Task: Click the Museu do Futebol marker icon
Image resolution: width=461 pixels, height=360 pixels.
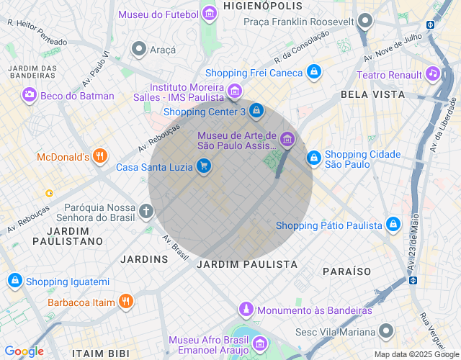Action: click(210, 14)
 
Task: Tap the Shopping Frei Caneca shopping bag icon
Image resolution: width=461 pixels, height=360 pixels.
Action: click(313, 72)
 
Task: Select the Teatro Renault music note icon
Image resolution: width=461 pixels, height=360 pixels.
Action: click(432, 74)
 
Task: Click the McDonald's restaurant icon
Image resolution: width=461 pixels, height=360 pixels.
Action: click(100, 156)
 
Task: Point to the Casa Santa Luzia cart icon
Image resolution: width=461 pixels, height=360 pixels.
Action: click(205, 167)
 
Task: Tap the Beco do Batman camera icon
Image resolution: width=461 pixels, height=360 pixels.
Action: click(29, 95)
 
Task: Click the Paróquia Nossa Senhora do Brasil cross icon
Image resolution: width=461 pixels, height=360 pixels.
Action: click(146, 211)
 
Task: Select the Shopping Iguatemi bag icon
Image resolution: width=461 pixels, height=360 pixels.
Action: click(14, 281)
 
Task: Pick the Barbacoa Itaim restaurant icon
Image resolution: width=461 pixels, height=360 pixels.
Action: click(126, 302)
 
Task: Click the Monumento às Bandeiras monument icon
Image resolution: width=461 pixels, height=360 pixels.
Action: click(246, 310)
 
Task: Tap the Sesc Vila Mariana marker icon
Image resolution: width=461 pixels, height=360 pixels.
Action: click(387, 331)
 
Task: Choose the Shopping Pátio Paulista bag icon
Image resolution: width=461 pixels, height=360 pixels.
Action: click(393, 225)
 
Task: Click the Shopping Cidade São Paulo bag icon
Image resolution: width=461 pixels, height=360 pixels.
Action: click(313, 158)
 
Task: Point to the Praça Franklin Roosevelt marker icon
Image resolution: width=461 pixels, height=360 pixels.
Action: click(365, 21)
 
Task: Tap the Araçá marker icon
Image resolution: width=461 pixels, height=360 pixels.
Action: click(138, 48)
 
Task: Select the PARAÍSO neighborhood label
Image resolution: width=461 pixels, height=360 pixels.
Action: click(346, 271)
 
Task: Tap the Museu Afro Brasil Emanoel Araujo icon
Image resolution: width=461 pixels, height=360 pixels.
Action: click(260, 346)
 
